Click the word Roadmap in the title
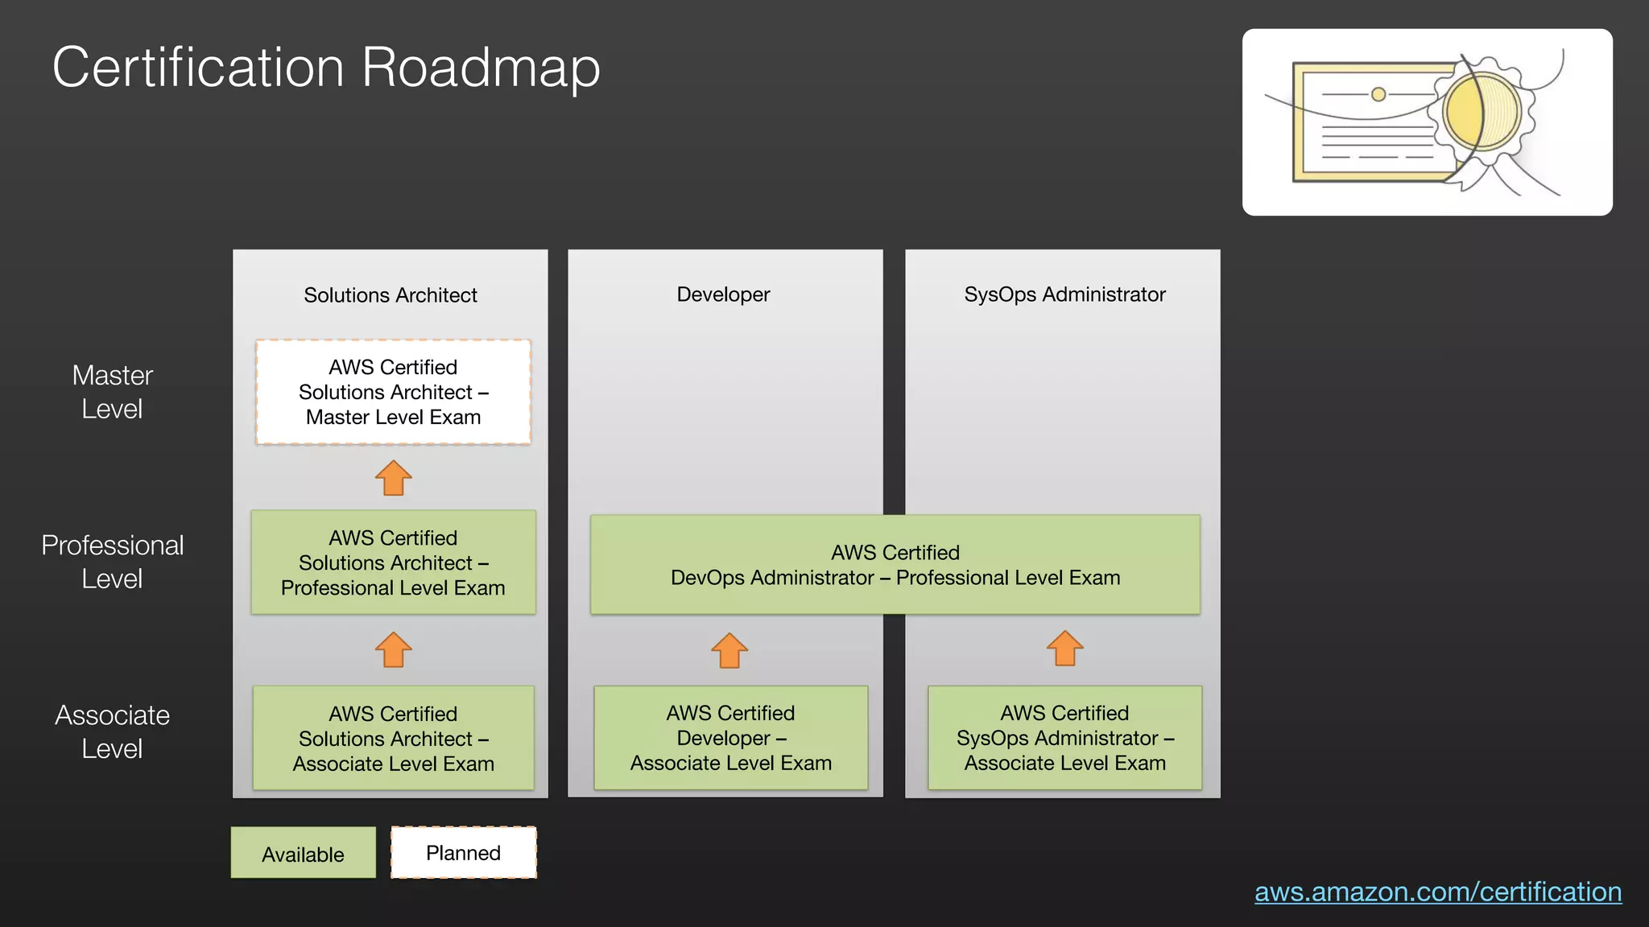[x=481, y=68]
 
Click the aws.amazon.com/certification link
[x=1438, y=892]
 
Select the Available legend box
[x=303, y=853]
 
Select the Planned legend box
[x=464, y=852]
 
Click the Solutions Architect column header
[x=391, y=295]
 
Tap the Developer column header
[x=723, y=295]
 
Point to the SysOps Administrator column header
[x=1064, y=295]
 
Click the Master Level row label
[x=112, y=392]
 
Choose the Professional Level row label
[x=112, y=562]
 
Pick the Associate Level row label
[x=112, y=731]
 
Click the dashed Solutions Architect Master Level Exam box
[x=393, y=392]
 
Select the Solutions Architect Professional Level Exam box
[x=393, y=562]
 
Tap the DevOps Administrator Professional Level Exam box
[x=895, y=565]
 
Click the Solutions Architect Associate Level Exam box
[x=393, y=738]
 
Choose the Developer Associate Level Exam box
[x=730, y=738]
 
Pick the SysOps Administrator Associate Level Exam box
[x=1064, y=738]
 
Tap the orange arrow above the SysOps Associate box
[x=1064, y=648]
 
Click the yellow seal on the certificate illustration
[x=1482, y=113]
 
